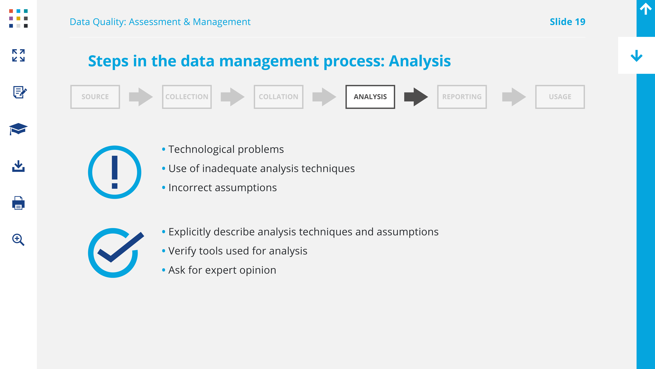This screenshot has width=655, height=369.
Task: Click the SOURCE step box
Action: tap(95, 97)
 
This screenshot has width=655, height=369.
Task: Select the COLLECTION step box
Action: tap(187, 97)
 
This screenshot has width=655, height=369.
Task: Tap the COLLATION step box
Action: tap(278, 97)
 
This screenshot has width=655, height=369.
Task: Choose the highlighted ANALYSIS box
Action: tap(370, 97)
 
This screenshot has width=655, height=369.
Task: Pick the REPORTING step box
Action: tap(462, 97)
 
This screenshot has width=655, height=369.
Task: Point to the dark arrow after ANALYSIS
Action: tap(416, 97)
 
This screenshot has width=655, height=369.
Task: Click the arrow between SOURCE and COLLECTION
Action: tap(141, 97)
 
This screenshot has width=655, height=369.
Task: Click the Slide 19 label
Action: tap(568, 22)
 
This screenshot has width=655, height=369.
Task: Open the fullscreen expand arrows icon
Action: tap(18, 55)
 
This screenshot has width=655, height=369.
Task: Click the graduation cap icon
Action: tap(18, 129)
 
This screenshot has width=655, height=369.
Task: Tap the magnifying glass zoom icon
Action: tap(18, 240)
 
